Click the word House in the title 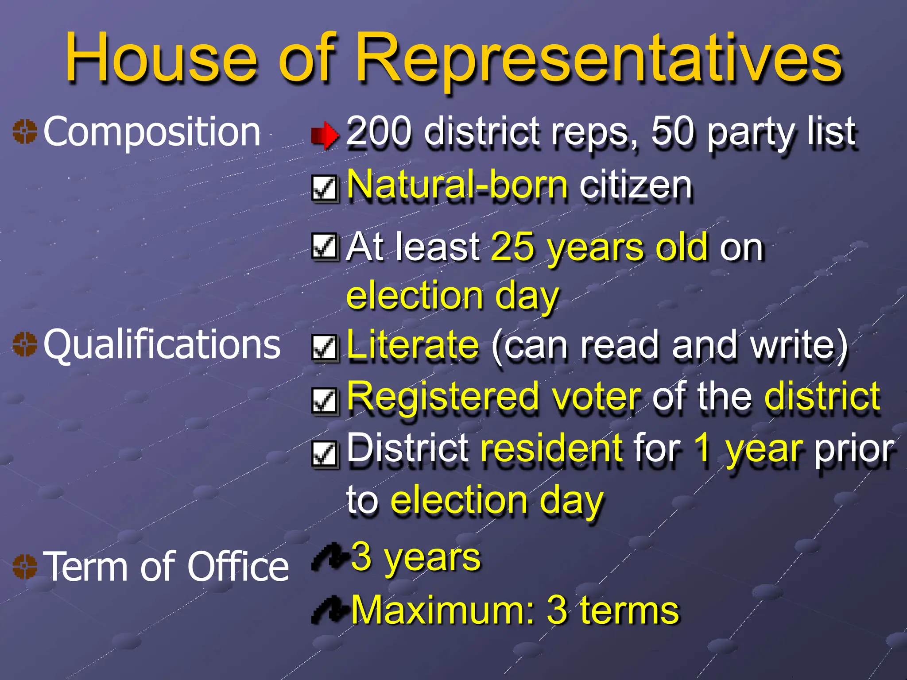(160, 58)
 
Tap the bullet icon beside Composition (25, 131)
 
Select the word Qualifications (162, 344)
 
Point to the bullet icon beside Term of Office (25, 566)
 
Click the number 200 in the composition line (379, 131)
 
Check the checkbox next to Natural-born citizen (325, 188)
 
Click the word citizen (635, 185)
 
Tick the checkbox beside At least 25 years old (325, 246)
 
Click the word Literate (412, 344)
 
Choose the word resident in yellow (551, 448)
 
